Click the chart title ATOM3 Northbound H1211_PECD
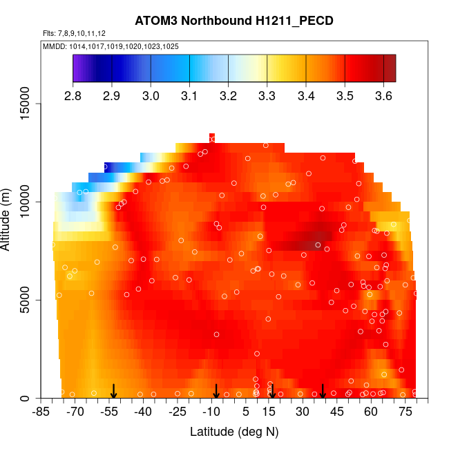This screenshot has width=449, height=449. click(x=234, y=21)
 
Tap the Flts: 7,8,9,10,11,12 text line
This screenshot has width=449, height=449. click(x=74, y=33)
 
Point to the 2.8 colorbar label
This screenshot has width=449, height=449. click(x=73, y=95)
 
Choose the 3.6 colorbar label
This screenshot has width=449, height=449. click(x=383, y=95)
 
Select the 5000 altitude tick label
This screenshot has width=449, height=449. click(x=30, y=300)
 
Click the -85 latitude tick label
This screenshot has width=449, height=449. click(x=41, y=412)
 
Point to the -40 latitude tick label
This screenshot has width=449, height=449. click(x=143, y=412)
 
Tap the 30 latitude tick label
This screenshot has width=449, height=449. click(x=302, y=412)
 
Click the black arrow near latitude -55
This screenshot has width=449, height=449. click(x=114, y=392)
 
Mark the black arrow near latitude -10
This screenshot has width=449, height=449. click(x=216, y=392)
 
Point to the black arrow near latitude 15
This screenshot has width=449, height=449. click(x=272, y=392)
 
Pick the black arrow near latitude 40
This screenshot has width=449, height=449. click(x=323, y=392)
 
